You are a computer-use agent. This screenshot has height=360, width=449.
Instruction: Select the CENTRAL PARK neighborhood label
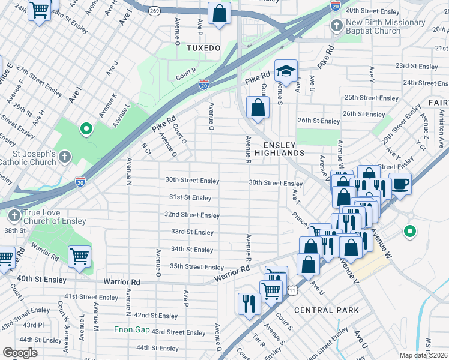click(x=326, y=310)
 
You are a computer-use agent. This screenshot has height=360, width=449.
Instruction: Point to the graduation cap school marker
click(x=286, y=72)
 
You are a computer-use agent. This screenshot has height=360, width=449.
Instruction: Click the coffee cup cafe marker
click(x=400, y=184)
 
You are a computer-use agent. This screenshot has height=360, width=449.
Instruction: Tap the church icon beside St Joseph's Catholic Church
click(x=64, y=157)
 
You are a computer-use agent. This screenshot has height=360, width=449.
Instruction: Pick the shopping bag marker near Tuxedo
click(x=220, y=13)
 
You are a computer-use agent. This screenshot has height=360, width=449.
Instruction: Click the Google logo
click(x=20, y=353)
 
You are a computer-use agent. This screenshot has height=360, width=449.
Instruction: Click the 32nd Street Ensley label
click(x=192, y=215)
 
